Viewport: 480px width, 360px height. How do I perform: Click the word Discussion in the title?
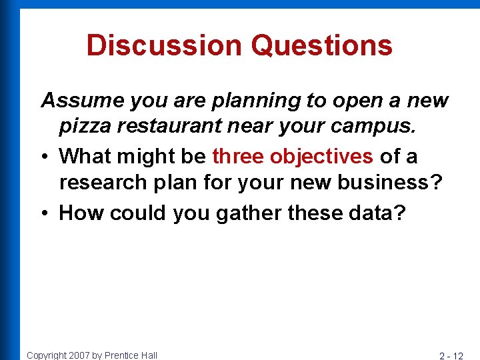pyautogui.click(x=164, y=45)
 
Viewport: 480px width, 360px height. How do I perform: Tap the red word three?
pyautogui.click(x=238, y=156)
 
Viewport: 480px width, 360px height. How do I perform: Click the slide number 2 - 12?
pyautogui.click(x=452, y=355)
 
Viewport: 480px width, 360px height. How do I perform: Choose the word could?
pyautogui.click(x=139, y=213)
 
